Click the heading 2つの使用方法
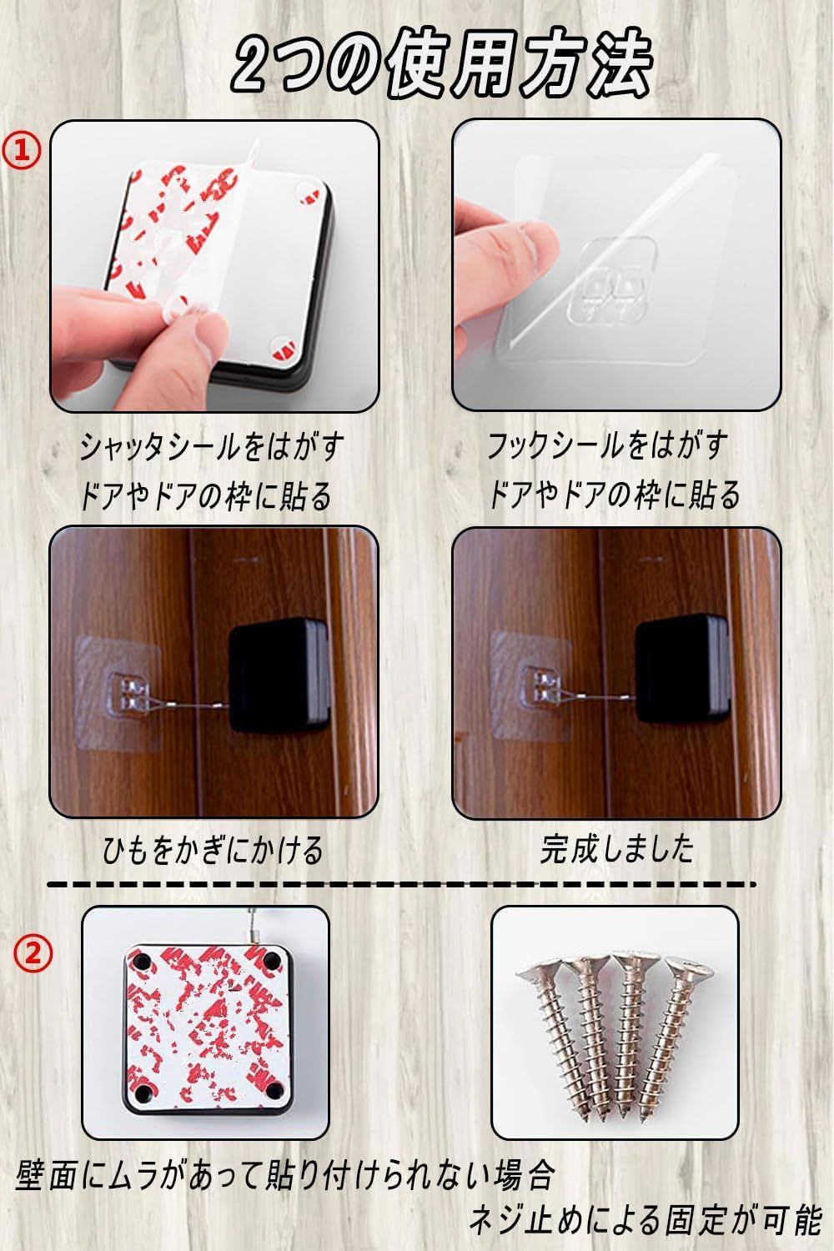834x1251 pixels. point(441,66)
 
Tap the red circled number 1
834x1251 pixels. point(21,150)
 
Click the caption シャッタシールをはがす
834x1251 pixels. point(211,447)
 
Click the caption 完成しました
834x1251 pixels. point(616,848)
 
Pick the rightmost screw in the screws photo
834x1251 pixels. point(673,1040)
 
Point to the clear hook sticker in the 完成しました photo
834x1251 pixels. point(530,686)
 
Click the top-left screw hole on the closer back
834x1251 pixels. point(139,961)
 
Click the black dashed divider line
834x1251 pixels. point(401,885)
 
